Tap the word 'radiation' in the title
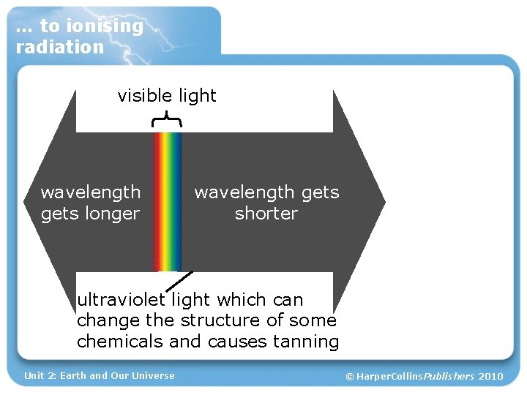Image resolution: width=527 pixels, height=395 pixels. tap(60, 48)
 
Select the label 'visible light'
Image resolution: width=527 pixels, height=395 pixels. tap(167, 96)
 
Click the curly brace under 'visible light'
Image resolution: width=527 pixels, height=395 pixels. tap(167, 119)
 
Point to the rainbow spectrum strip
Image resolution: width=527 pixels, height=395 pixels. tap(167, 201)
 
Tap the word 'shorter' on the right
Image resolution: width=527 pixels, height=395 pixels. tap(266, 214)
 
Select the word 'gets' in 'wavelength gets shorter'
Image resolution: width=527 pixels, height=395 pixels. tap(320, 193)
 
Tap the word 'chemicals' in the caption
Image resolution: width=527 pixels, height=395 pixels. tap(120, 342)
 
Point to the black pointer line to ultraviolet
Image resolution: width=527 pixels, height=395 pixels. tap(182, 281)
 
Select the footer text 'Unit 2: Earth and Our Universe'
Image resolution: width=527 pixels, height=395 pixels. tap(100, 376)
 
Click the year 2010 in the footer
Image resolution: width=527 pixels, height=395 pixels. tap(490, 377)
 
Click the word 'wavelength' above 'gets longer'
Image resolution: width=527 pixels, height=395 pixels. tap(91, 192)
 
